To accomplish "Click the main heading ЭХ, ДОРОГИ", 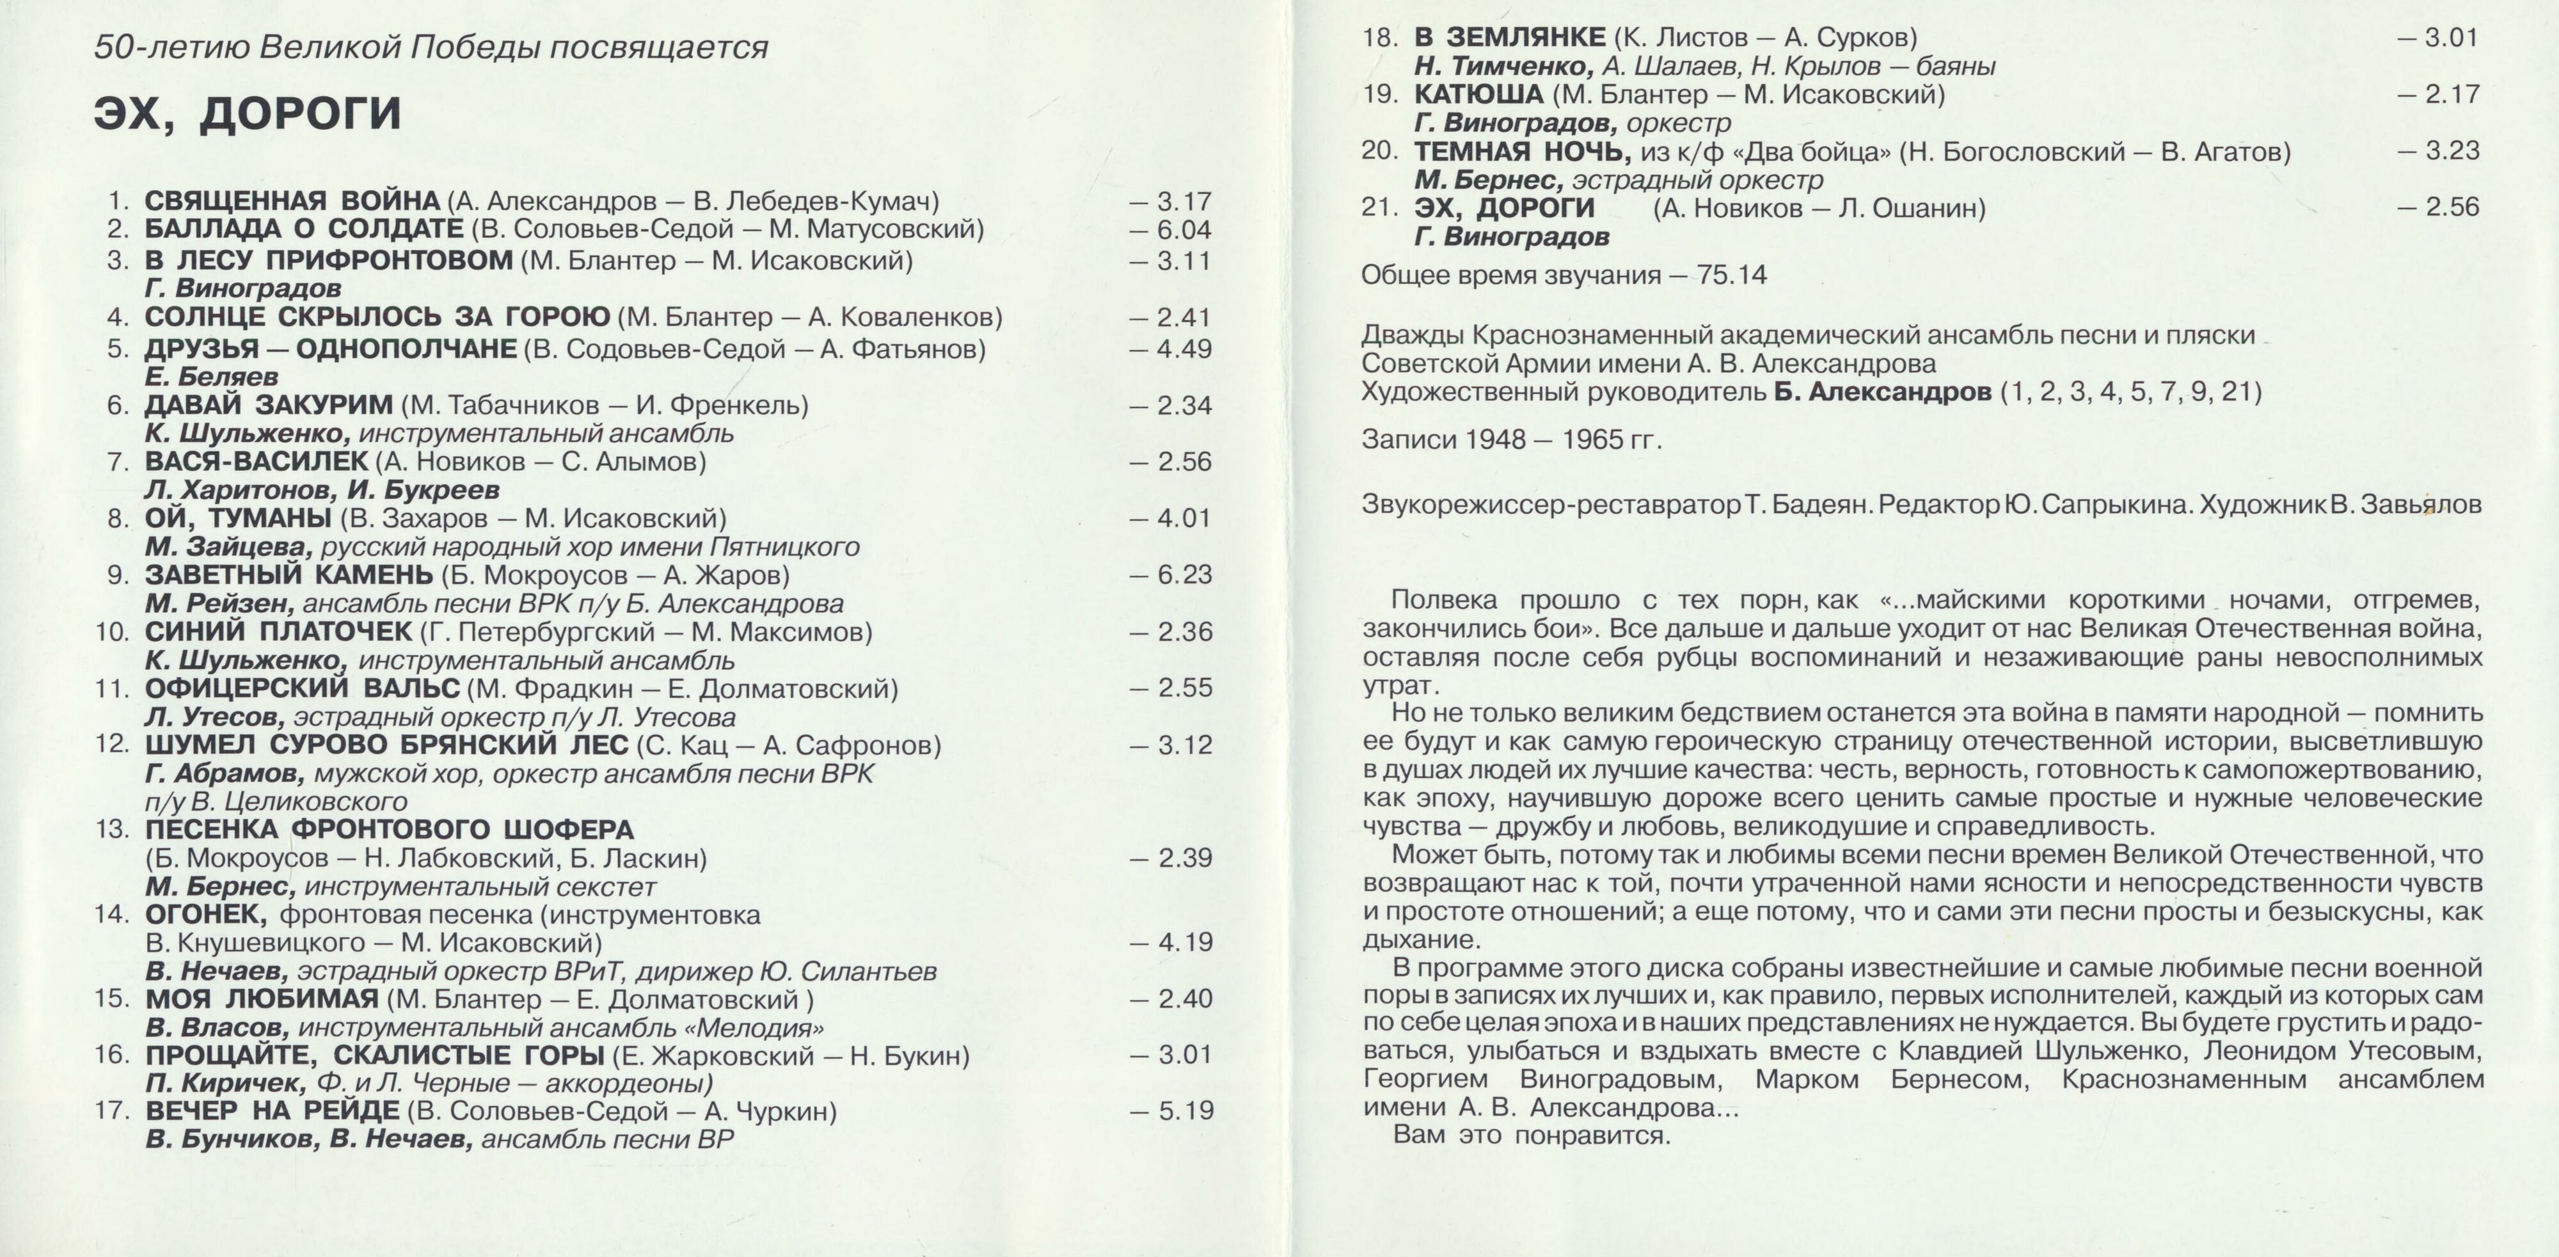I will (248, 113).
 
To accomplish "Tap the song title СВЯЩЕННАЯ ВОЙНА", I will (292, 202).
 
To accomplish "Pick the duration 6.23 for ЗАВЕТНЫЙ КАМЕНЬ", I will (1184, 575).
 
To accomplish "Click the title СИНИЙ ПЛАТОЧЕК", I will (278, 632).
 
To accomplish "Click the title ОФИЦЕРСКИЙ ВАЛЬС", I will (302, 688).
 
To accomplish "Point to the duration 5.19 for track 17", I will (1185, 1111).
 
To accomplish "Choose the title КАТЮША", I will (1478, 95).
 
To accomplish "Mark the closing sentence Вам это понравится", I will (1532, 1135).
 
